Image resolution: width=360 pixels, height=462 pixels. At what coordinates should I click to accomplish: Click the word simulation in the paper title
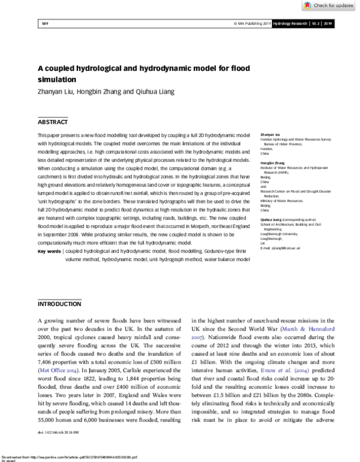[58, 79]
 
